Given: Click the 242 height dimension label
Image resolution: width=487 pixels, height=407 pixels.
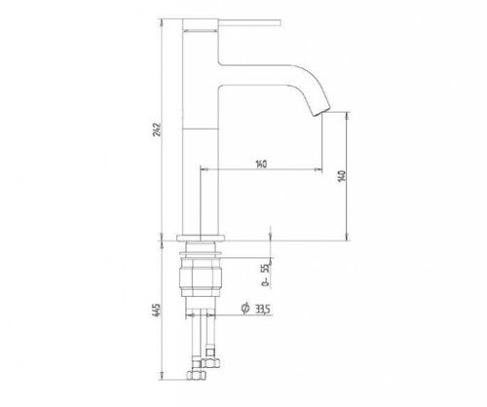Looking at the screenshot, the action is (x=157, y=129).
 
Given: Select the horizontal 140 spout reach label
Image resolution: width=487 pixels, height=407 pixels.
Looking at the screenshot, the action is (x=261, y=164).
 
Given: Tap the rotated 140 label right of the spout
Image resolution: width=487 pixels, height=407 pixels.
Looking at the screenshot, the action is (x=342, y=175).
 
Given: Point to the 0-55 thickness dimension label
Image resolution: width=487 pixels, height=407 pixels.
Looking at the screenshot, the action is (x=266, y=275).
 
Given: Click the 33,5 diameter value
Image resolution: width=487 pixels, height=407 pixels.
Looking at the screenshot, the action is (x=262, y=310).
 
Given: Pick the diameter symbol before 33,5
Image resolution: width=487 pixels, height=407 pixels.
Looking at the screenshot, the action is (x=245, y=308).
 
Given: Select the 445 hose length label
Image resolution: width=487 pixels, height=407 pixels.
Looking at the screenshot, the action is (x=156, y=311).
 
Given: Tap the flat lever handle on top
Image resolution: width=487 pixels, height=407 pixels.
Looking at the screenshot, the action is (x=250, y=22).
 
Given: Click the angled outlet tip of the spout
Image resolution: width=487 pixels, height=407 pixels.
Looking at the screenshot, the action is (x=322, y=111).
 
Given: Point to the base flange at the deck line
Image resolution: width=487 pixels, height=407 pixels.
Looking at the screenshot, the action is (x=201, y=238).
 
